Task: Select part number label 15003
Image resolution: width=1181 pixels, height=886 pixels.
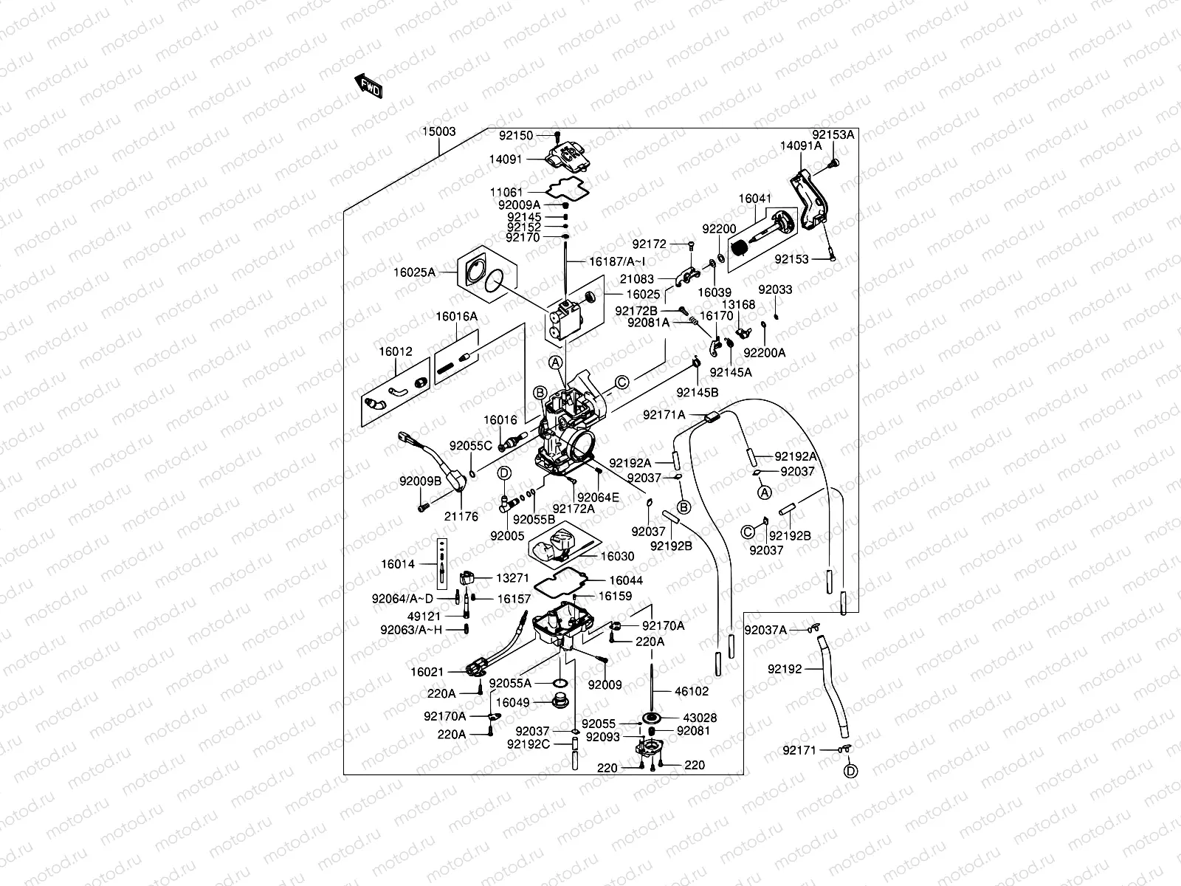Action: click(438, 131)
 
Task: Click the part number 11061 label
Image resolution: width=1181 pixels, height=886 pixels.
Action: click(506, 192)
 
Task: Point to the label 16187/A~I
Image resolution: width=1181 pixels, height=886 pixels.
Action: click(617, 261)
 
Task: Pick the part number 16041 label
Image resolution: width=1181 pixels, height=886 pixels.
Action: click(755, 199)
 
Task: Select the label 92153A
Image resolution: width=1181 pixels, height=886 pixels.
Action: click(833, 134)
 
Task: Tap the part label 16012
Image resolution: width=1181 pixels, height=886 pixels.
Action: click(396, 351)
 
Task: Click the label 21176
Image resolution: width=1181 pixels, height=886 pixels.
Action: click(461, 516)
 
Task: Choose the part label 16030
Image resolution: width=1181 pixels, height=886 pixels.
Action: click(617, 556)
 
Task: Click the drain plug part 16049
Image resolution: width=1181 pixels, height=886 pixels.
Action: click(560, 701)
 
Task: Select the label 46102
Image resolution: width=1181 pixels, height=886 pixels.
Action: click(692, 691)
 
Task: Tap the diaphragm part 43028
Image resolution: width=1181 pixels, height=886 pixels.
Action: click(652, 718)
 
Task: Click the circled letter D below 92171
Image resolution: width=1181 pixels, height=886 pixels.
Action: click(850, 772)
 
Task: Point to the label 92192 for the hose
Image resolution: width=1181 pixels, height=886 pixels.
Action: click(785, 669)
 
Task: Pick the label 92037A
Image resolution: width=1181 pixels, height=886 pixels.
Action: click(765, 630)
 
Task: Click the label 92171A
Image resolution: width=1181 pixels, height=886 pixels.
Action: click(664, 415)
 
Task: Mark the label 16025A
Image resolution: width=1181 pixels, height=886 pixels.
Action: click(414, 272)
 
